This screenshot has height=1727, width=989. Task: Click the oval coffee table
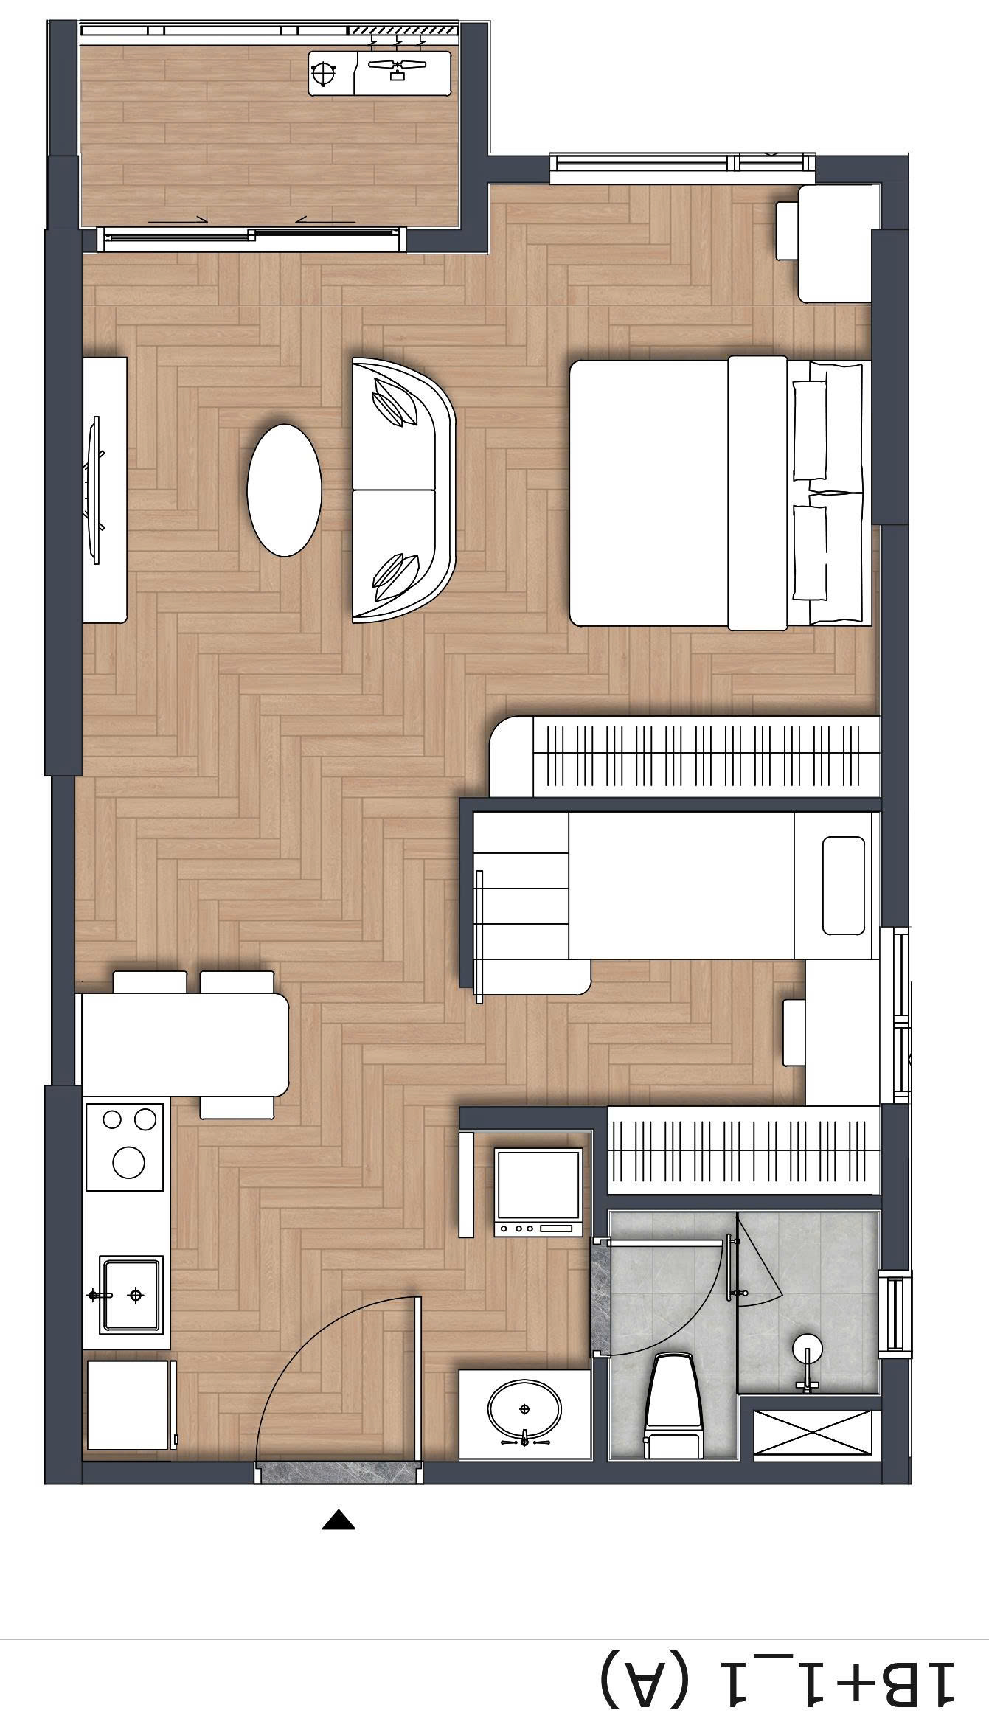click(x=284, y=490)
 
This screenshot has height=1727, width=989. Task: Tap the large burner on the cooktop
click(x=128, y=1162)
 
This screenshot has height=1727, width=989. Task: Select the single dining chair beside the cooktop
click(x=237, y=1107)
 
